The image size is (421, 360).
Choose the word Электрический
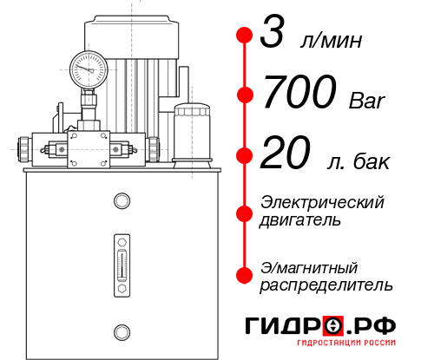322,202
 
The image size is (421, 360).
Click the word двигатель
301,220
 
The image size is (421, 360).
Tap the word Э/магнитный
310,266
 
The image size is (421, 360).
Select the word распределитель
326,285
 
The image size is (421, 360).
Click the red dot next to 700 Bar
245,95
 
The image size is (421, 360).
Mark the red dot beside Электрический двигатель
245,211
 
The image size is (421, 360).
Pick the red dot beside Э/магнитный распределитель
245,275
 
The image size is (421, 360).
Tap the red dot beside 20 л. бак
245,155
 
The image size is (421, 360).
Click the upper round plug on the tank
122,202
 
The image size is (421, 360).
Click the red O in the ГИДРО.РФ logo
332,325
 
